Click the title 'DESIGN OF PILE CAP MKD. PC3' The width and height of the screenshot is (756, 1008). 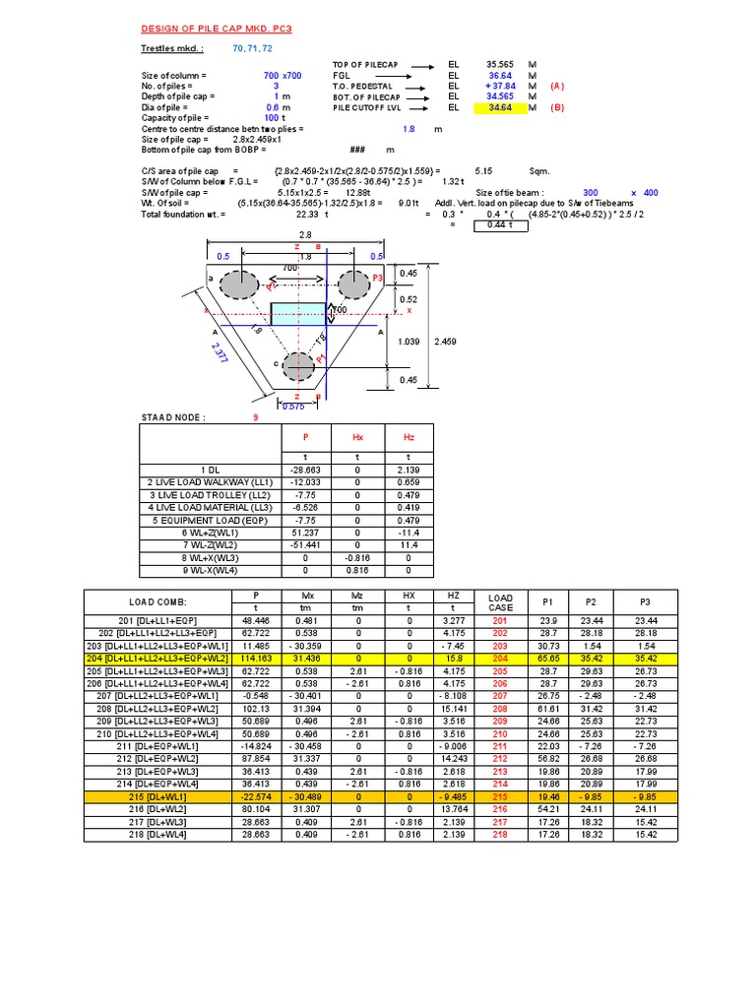(211, 30)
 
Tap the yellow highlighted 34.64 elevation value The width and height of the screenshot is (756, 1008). (500, 108)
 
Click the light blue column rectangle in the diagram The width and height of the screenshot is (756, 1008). (298, 314)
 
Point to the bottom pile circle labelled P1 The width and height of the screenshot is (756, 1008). (298, 366)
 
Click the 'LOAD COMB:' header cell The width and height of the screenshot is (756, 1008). (157, 600)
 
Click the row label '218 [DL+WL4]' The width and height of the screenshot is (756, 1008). (157, 834)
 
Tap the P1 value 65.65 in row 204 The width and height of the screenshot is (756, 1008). (548, 657)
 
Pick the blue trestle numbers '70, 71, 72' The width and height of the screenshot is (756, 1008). (253, 48)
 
